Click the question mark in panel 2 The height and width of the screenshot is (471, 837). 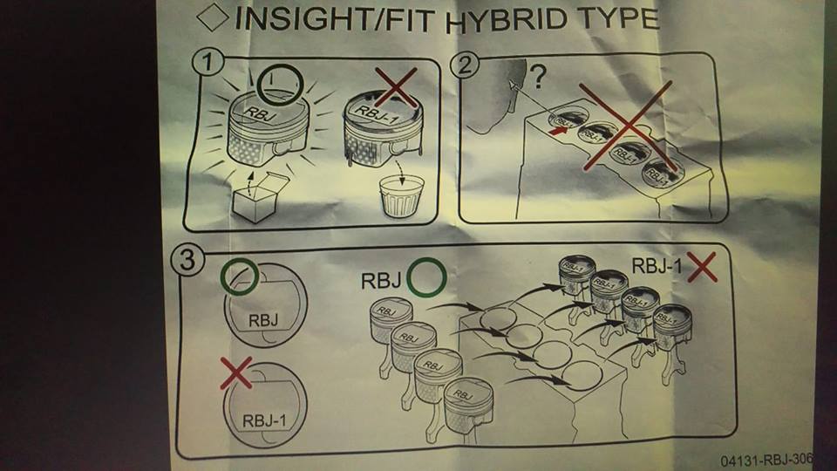pyautogui.click(x=538, y=80)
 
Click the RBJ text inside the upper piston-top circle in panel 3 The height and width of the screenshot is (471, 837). pyautogui.click(x=264, y=319)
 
